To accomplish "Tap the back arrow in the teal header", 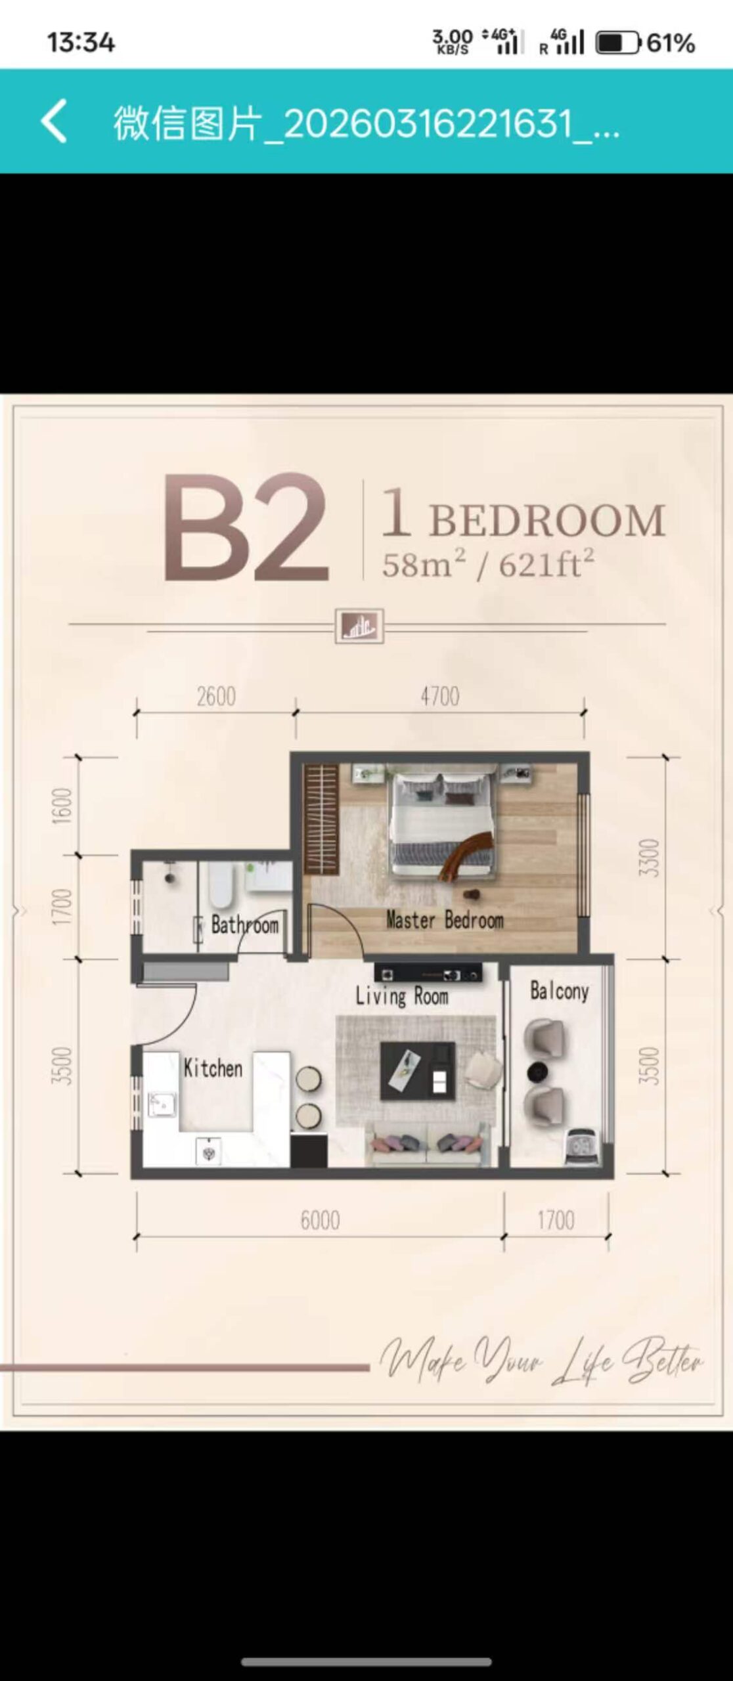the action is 54,121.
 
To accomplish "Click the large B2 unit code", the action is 246,528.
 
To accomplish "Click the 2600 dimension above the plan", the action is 216,696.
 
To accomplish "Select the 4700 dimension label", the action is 440,696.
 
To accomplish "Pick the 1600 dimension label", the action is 61,806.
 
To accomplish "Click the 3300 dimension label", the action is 648,857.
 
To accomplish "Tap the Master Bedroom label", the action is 445,920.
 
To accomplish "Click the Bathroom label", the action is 245,925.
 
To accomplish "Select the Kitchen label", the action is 213,1068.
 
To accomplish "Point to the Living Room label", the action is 402,996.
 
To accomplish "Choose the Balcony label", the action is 559,991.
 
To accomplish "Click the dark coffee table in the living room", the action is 418,1070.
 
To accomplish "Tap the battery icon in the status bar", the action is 617,43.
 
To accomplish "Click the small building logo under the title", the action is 359,626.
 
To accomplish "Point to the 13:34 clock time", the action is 81,43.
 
